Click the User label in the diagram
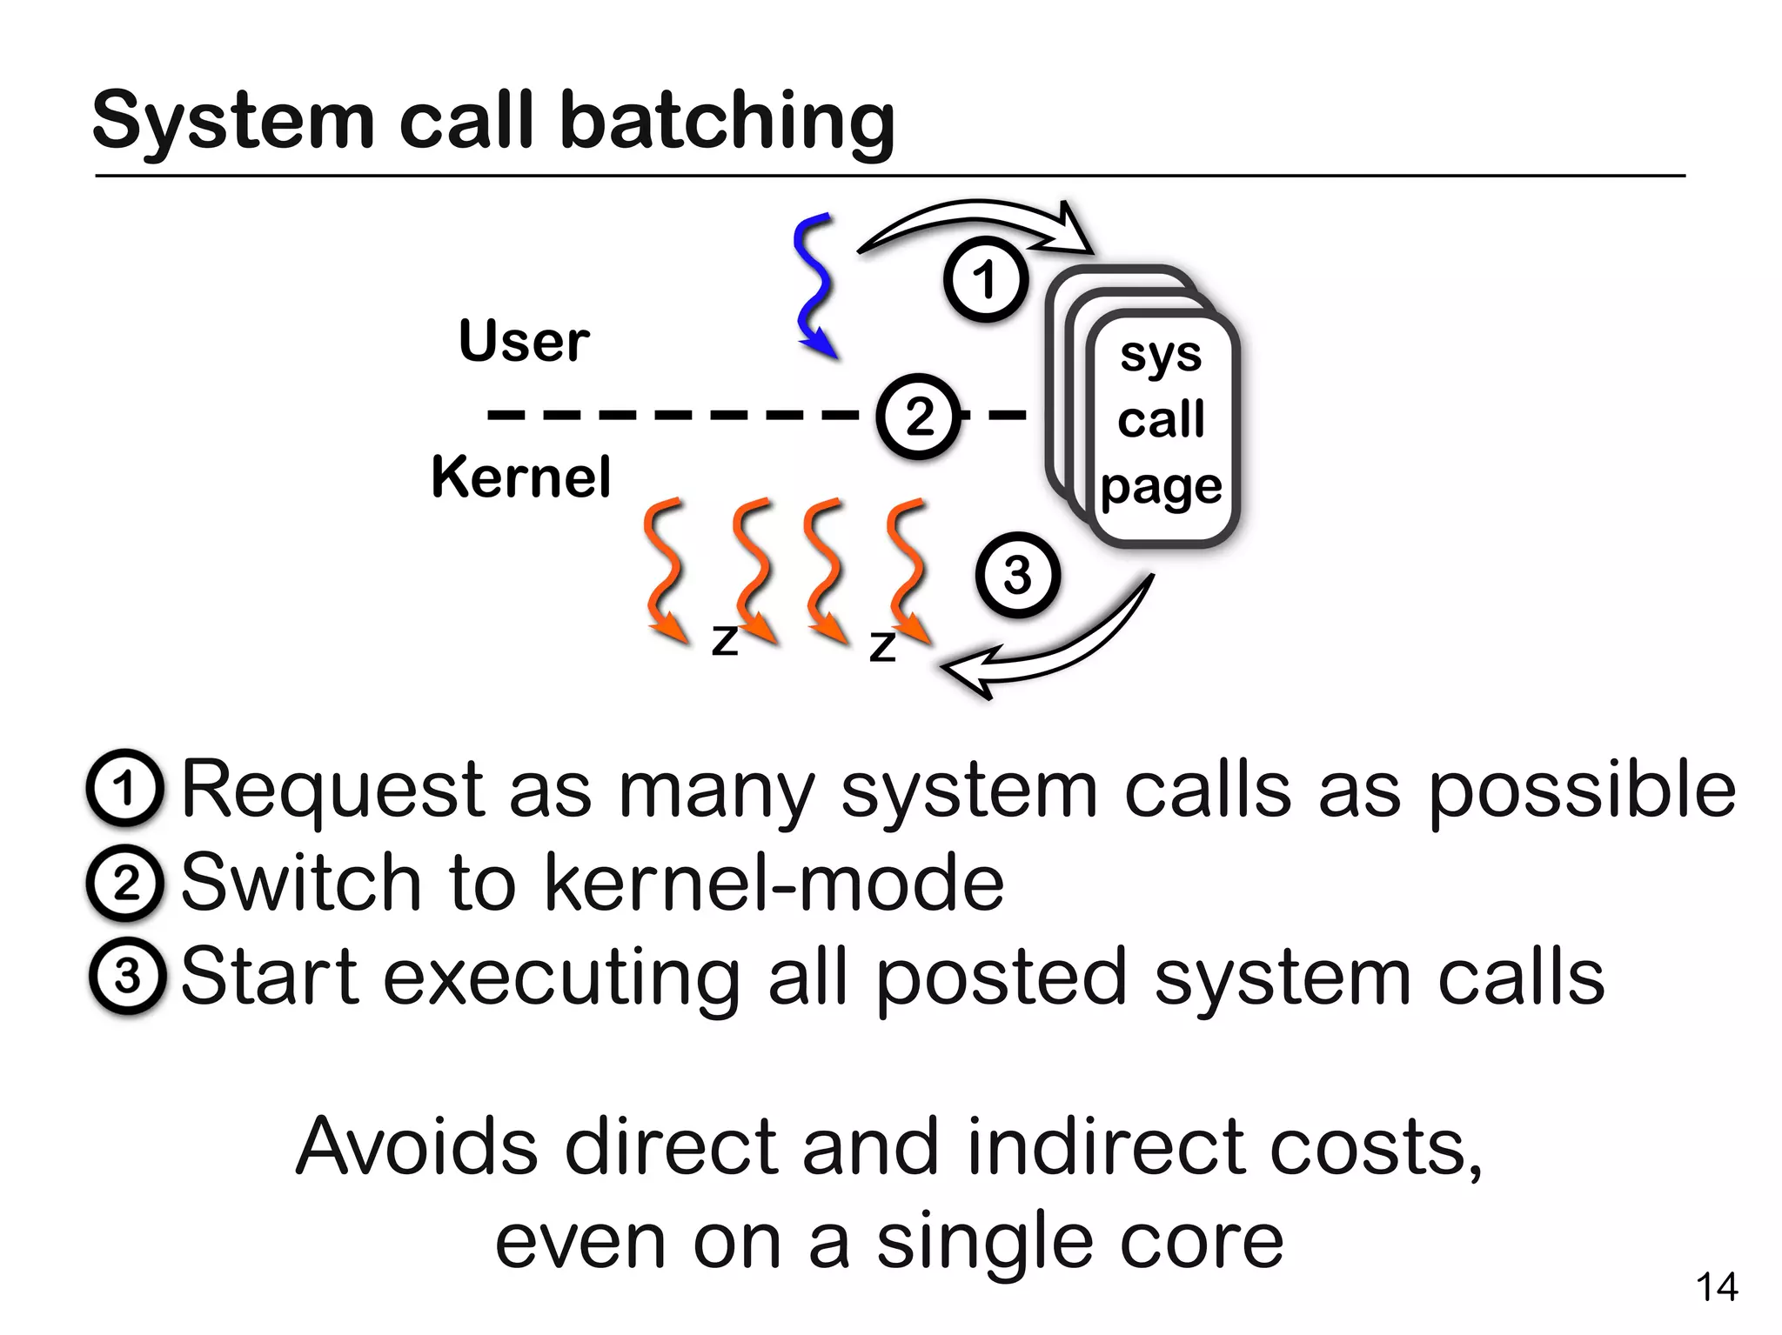[x=524, y=341]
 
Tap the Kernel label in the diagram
[x=521, y=477]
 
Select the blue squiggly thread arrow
[x=814, y=284]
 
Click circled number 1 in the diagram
[x=985, y=280]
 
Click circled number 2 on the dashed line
[x=919, y=416]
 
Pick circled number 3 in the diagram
[x=1017, y=576]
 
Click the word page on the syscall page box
[x=1161, y=487]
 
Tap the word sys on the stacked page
[x=1161, y=355]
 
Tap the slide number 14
[x=1717, y=1287]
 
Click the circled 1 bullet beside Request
[x=125, y=788]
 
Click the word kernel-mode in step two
[x=774, y=884]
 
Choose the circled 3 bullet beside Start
[x=127, y=977]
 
